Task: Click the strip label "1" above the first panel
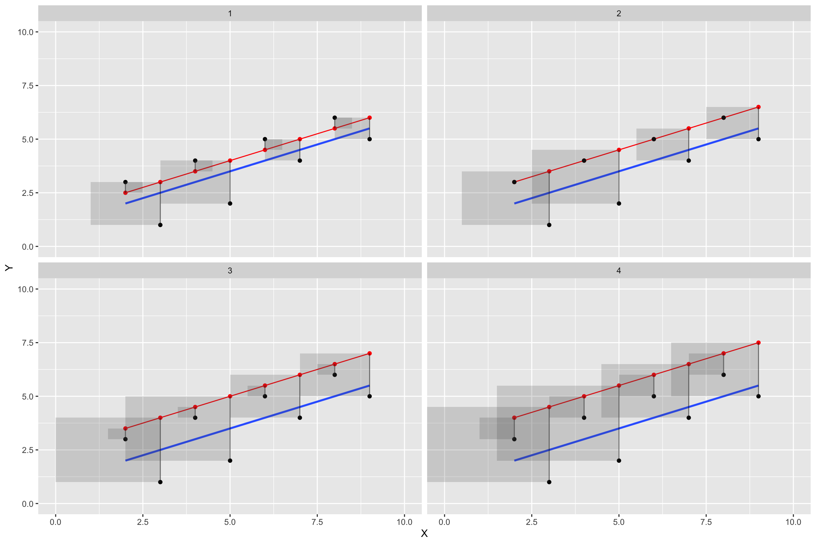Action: click(x=230, y=13)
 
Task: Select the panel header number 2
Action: click(x=619, y=13)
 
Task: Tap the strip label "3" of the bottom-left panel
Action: click(x=230, y=271)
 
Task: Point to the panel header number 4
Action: click(x=619, y=271)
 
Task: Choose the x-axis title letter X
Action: click(x=424, y=533)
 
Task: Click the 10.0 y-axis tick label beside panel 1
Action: click(x=25, y=32)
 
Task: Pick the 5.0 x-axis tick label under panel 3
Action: click(x=230, y=522)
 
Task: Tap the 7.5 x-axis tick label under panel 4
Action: click(x=706, y=522)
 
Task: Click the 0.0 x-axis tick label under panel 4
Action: click(x=444, y=522)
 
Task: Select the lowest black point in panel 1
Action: click(x=160, y=225)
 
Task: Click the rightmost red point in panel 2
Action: click(x=758, y=107)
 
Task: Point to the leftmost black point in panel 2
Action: click(x=514, y=182)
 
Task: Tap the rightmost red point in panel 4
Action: click(x=758, y=343)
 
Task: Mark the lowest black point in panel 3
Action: click(x=160, y=482)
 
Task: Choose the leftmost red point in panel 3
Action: click(x=125, y=429)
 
